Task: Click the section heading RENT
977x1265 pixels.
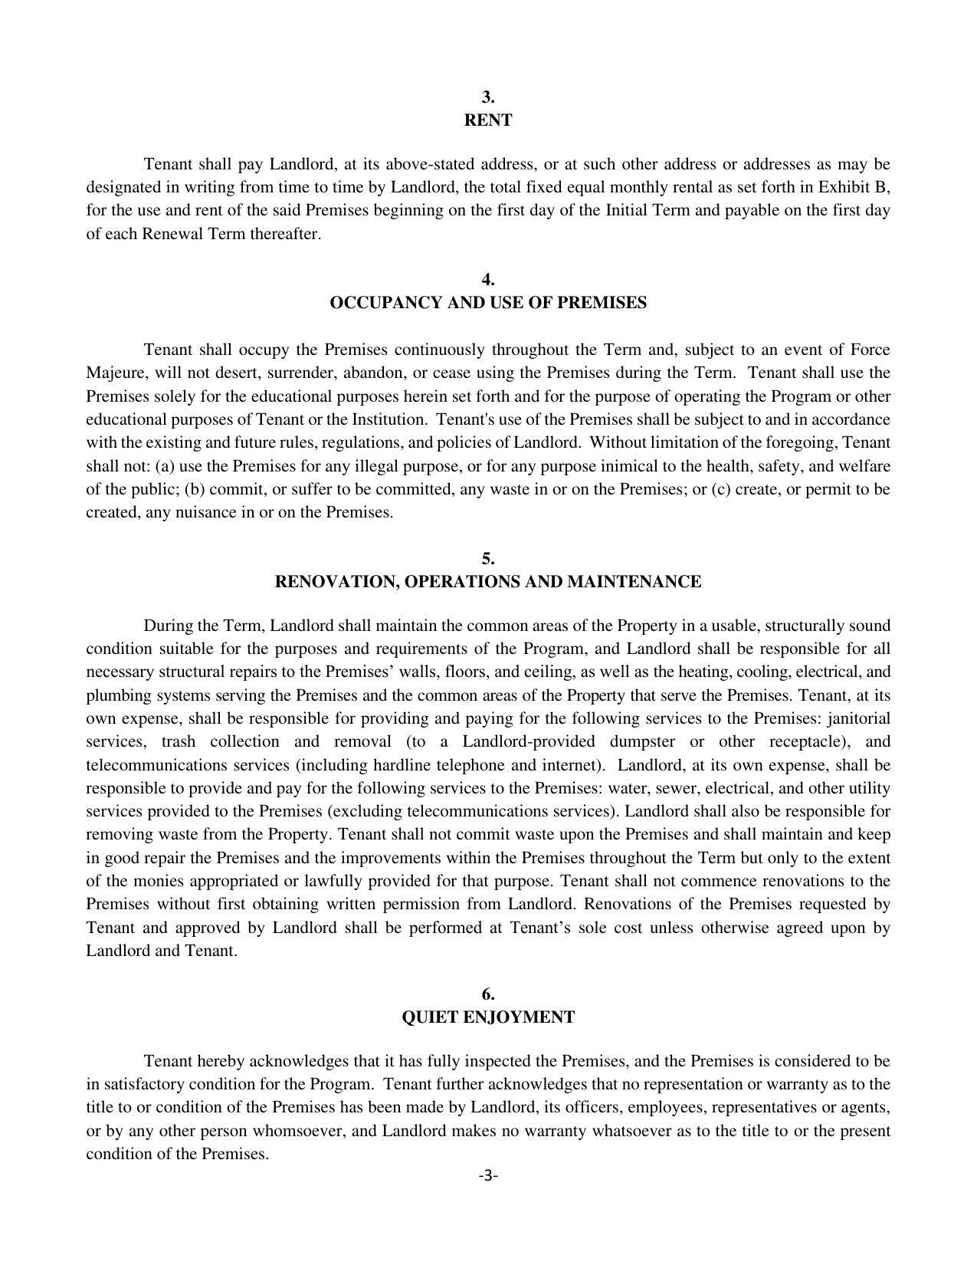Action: pos(488,120)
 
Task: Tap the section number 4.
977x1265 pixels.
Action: pos(488,279)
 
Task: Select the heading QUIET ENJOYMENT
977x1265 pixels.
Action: pos(488,1017)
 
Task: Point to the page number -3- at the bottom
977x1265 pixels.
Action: pos(488,1175)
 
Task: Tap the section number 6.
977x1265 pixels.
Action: pos(488,994)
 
